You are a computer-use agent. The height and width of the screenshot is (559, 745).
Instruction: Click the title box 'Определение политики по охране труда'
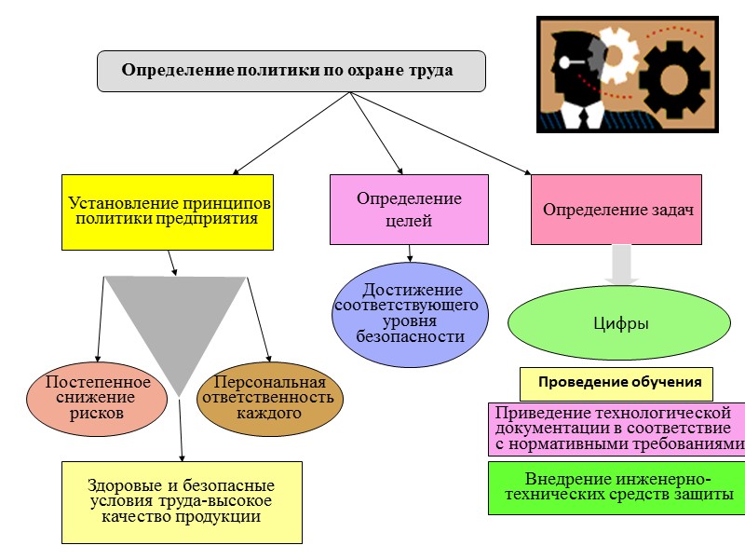(291, 71)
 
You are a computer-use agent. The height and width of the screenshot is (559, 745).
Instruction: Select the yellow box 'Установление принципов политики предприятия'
(168, 211)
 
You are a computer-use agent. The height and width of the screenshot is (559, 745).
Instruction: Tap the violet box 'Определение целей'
(409, 210)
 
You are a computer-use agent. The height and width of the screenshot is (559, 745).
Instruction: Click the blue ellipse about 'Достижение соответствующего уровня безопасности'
(410, 314)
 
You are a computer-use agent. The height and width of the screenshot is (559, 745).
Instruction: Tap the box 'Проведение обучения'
(616, 383)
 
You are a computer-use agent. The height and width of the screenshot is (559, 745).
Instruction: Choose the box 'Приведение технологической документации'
(617, 429)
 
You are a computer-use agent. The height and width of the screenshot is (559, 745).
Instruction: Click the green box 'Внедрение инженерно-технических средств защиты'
(617, 486)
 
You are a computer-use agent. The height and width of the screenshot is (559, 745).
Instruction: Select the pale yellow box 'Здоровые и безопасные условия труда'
(182, 501)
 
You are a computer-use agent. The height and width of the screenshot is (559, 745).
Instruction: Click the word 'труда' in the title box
(430, 71)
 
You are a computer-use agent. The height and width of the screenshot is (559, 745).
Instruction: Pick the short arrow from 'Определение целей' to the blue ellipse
(410, 252)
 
